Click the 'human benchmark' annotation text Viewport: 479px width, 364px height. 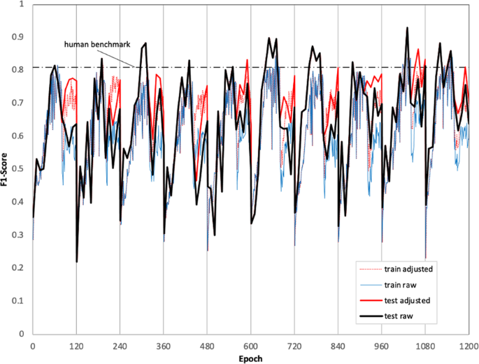[95, 44]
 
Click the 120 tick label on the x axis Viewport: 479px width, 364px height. [76, 344]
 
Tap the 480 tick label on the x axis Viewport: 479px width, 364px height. [207, 344]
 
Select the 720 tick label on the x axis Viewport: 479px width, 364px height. [294, 344]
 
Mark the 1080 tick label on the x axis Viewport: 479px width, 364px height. [425, 344]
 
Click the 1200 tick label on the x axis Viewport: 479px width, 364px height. [469, 344]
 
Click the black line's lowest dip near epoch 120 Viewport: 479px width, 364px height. [77, 261]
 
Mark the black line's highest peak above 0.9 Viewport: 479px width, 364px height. [407, 28]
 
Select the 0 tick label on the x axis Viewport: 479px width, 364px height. [33, 344]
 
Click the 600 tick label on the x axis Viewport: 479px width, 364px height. [251, 344]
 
